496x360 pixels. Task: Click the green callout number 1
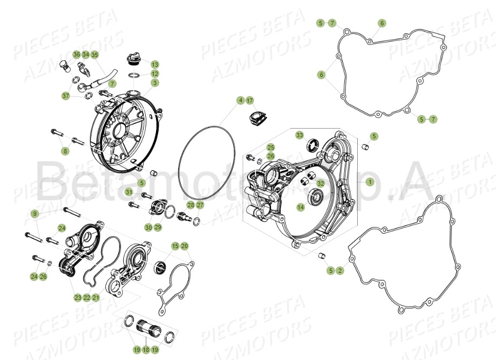[x=370, y=182]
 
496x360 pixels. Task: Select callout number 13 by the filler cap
[x=154, y=64]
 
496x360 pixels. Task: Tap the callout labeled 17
[x=250, y=101]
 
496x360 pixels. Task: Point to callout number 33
[x=300, y=135]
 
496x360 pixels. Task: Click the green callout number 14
[x=300, y=207]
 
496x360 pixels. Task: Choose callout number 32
[x=321, y=183]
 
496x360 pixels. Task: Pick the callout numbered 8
[x=66, y=151]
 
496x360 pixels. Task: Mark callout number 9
[x=34, y=214]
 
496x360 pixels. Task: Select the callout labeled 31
[x=129, y=192]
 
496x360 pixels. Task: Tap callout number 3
[x=154, y=83]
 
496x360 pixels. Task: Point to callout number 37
[x=66, y=96]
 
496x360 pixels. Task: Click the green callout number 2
[x=339, y=271]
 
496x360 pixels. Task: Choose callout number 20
[x=185, y=246]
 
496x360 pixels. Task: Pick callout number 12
[x=154, y=74]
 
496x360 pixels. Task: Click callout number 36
[x=76, y=55]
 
